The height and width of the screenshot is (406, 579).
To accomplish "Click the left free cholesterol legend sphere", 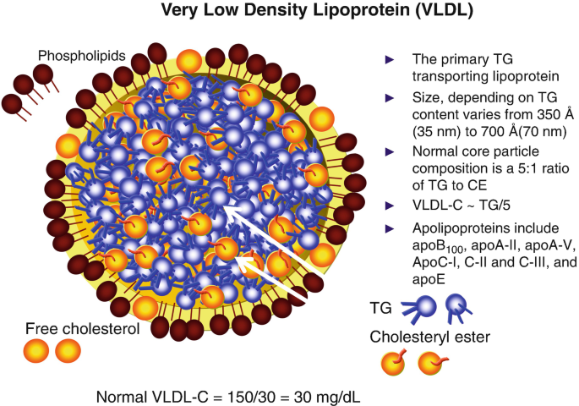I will [x=38, y=348].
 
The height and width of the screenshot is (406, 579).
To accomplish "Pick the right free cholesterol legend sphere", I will [x=68, y=348].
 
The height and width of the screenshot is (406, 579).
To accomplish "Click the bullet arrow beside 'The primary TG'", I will [x=390, y=59].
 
